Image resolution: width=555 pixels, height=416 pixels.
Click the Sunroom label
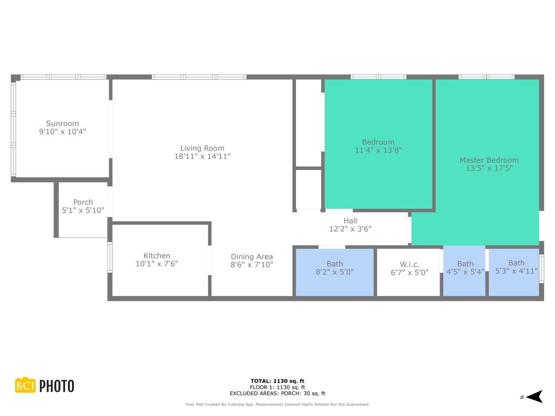62,123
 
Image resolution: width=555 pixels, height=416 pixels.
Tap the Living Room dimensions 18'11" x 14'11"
202,157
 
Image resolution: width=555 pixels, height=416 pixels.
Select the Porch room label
83,202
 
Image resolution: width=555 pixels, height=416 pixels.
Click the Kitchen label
157,256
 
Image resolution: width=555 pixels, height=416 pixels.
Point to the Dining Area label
252,257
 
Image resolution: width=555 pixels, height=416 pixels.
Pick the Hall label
350,221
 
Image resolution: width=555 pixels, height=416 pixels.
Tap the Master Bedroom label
489,160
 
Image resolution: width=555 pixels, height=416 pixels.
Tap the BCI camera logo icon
25,385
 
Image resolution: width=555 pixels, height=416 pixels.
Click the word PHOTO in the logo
56,386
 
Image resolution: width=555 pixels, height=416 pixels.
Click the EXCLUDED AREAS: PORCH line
277,394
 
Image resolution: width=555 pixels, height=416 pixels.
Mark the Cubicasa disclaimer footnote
277,404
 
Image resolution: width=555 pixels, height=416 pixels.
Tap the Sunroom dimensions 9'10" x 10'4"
62,132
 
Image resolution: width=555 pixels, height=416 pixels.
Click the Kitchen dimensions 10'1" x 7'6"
157,264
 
